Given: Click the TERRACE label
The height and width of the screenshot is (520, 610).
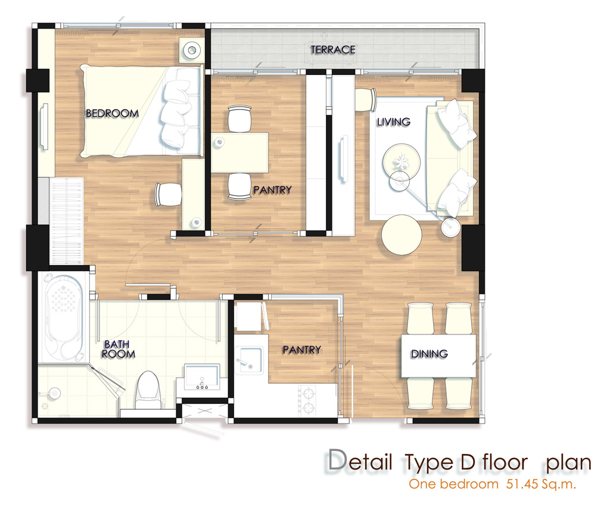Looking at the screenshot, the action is tap(332, 49).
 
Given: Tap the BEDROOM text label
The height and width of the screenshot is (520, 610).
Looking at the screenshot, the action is tap(112, 113).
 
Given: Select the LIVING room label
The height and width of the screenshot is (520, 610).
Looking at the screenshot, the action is tap(393, 122).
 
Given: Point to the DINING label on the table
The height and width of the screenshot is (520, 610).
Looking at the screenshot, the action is tap(429, 354).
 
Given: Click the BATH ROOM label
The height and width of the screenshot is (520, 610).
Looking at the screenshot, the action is tap(119, 349).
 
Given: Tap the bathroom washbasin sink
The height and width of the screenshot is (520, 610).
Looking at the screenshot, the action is tap(202, 376).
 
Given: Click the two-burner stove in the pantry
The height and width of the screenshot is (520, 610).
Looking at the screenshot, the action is tap(307, 400).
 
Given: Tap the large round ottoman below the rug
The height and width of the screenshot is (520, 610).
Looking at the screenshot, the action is tap(402, 235).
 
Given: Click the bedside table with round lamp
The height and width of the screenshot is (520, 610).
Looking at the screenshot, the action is tap(191, 50).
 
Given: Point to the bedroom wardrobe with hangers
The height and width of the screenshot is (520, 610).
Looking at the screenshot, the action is tap(67, 221).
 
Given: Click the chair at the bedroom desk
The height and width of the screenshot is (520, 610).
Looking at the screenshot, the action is tap(169, 194).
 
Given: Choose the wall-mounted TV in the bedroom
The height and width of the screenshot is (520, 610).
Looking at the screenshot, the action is tap(45, 126).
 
